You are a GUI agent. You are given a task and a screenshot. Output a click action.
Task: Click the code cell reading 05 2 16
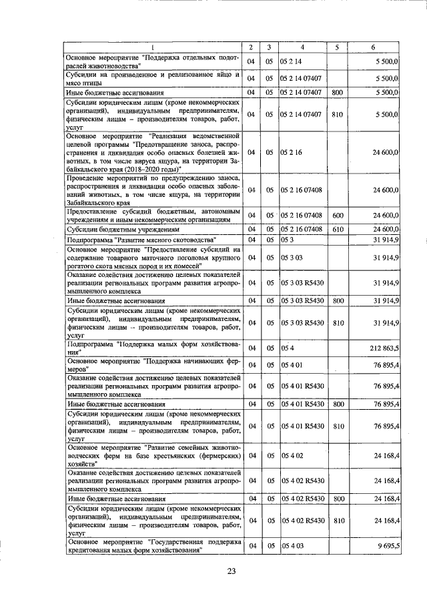pos(292,152)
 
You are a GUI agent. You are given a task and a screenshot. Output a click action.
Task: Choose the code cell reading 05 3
pos(288,239)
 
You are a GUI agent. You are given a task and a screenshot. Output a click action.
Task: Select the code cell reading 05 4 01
pos(292,364)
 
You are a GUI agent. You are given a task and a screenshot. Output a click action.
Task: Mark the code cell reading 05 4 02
pos(292,455)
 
